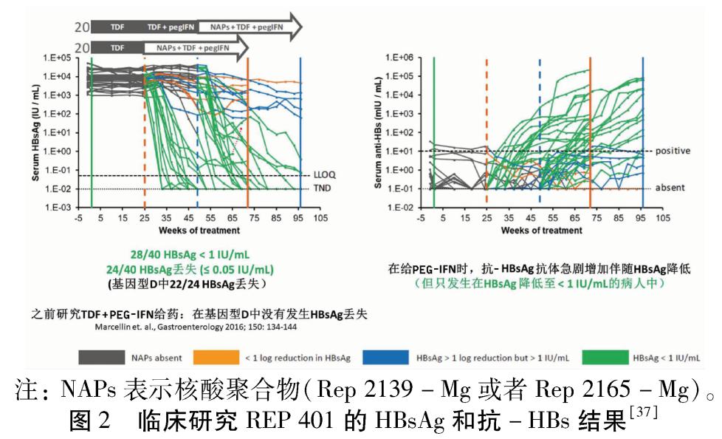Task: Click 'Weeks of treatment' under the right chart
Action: pos(541,231)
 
